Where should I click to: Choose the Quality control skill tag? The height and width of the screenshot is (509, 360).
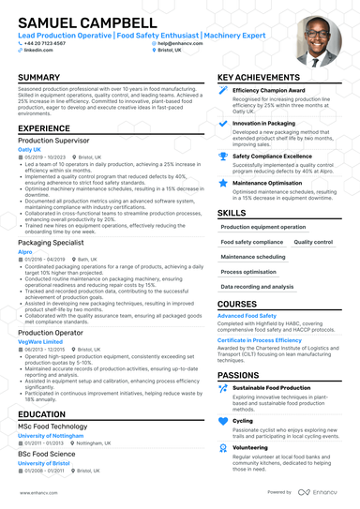coord(313,242)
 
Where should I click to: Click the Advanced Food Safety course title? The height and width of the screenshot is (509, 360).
coord(247,316)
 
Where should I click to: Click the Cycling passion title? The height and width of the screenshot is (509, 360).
coord(243,421)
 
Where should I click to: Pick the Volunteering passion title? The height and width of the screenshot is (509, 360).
coord(249,447)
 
